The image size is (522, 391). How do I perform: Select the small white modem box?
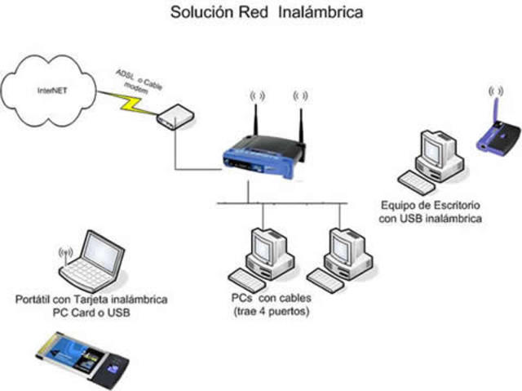tap(174, 117)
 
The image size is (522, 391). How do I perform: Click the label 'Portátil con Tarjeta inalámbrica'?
tap(91, 300)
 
